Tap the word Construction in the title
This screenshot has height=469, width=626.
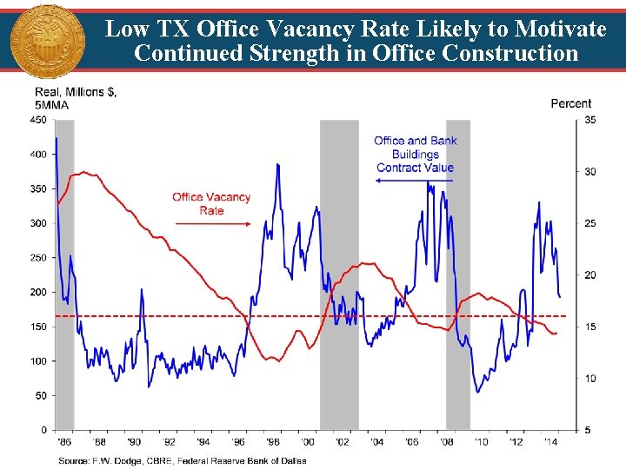[509, 53]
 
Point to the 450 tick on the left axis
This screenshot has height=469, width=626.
[38, 120]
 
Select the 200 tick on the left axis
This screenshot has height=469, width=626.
[38, 292]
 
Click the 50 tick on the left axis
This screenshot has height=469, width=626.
[41, 395]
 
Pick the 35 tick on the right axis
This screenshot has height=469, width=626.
[590, 120]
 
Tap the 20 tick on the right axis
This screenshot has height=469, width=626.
[590, 275]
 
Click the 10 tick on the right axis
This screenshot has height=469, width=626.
[590, 379]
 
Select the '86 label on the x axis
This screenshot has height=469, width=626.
[63, 442]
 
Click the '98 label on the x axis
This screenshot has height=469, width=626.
[273, 442]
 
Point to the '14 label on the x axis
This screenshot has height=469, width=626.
[551, 442]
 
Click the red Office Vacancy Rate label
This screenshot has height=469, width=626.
[211, 203]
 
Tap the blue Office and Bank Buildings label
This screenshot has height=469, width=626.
[415, 154]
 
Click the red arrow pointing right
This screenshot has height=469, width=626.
[213, 224]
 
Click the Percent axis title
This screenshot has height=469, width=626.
[570, 103]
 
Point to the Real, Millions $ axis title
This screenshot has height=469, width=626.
[76, 97]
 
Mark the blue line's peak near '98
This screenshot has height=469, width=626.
[277, 164]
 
